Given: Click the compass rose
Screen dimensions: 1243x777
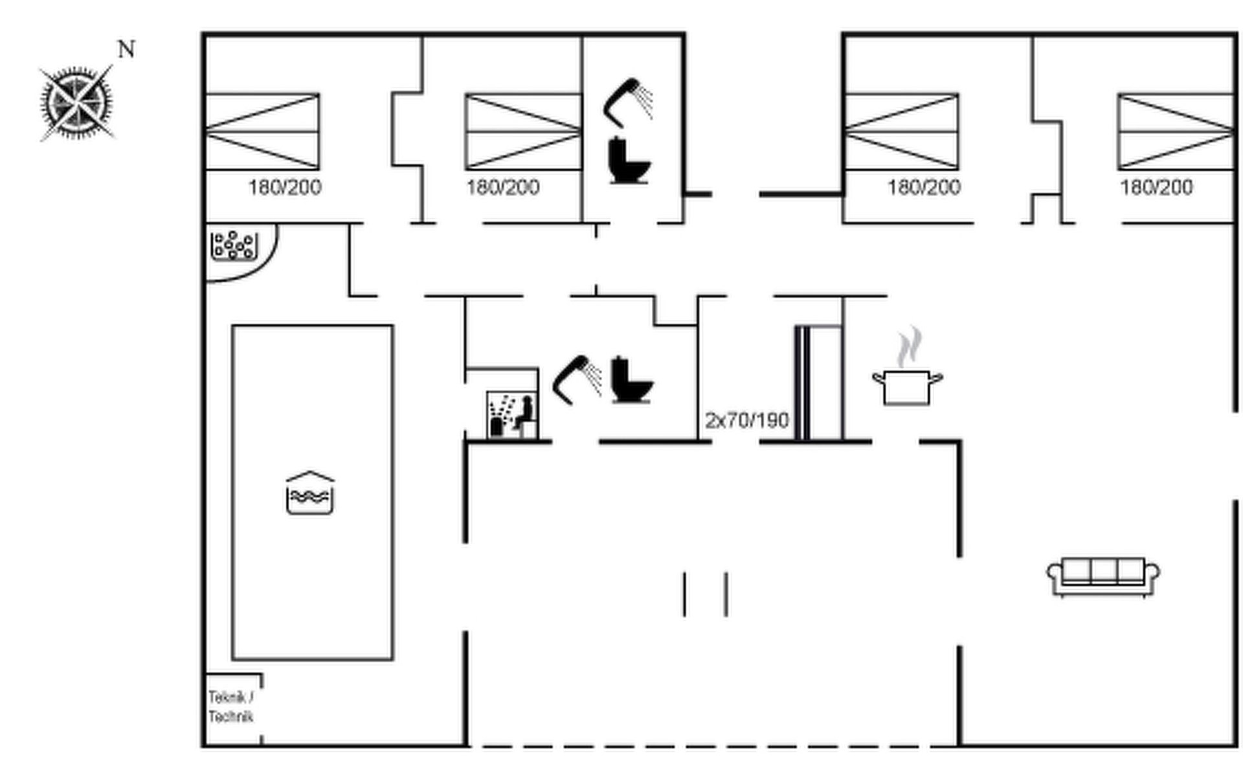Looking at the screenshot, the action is [x=76, y=103].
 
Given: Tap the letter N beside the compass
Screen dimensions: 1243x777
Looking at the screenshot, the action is [x=126, y=49].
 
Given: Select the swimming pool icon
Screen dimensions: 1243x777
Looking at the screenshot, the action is [x=310, y=493].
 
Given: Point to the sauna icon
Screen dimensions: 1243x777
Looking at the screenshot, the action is [x=511, y=414].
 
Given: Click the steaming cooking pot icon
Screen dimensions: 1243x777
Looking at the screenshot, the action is [x=908, y=366].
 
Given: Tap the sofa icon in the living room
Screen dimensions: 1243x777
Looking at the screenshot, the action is [x=1103, y=576].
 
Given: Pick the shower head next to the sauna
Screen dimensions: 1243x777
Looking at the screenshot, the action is [x=577, y=379].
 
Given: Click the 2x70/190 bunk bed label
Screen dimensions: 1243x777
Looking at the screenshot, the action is [x=747, y=420].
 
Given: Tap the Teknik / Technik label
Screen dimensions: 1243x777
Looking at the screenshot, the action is [x=231, y=707].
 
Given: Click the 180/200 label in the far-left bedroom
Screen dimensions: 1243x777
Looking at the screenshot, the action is [x=285, y=187].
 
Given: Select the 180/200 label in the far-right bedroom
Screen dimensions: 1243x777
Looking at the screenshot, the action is [x=1156, y=187].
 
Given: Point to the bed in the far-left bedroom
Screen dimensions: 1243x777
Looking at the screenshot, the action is [x=262, y=131].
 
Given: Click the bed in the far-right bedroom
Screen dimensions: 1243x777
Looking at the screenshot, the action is [x=1176, y=131].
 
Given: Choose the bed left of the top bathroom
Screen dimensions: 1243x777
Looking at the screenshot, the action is [x=524, y=131].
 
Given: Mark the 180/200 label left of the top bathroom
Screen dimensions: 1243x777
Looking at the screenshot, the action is [x=503, y=187].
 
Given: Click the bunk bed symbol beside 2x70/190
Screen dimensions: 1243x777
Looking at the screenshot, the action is [x=819, y=383].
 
